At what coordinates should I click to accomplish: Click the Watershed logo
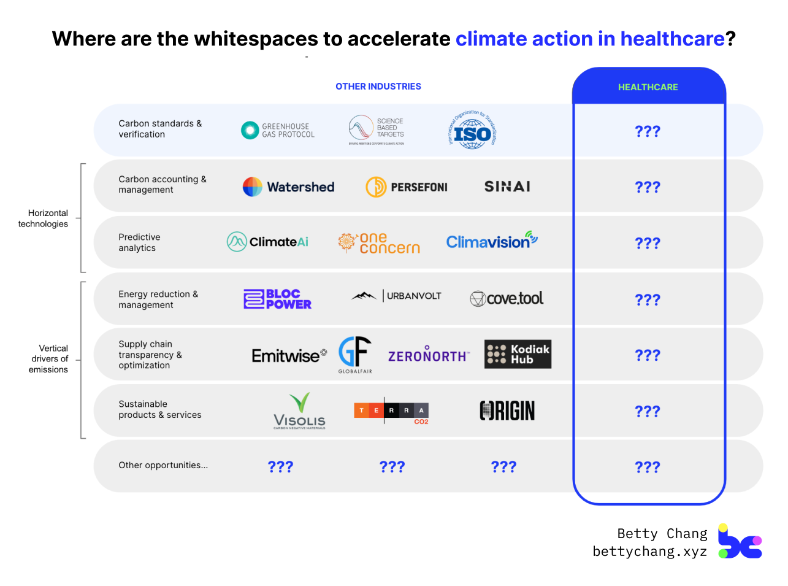288,187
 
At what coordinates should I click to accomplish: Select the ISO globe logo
472,131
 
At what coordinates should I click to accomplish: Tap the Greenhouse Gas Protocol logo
278,130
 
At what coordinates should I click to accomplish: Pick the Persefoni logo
406,187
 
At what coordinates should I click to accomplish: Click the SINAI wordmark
507,187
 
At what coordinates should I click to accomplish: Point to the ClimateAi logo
267,242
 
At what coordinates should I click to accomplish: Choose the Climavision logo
491,241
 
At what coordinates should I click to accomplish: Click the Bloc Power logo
277,299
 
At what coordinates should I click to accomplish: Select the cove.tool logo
507,298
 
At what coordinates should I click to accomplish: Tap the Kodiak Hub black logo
518,354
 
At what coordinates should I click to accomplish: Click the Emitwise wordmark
288,356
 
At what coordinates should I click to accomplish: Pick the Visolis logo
299,411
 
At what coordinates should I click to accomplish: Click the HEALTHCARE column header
648,87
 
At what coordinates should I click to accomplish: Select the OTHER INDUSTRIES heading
378,87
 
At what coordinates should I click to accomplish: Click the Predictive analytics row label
139,242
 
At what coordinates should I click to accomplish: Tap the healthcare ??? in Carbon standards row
648,131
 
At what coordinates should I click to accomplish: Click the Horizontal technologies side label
43,218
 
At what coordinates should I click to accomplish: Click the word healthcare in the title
672,39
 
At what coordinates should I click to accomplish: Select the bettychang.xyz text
649,552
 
